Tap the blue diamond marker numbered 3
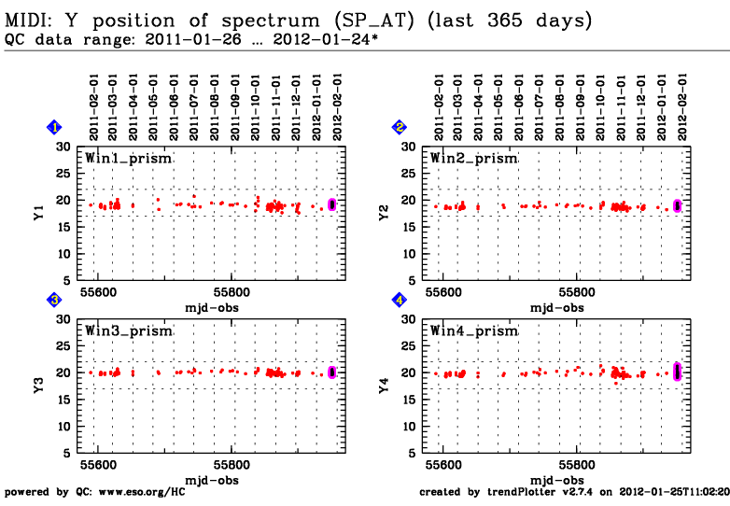pos(55,300)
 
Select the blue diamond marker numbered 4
pos(400,300)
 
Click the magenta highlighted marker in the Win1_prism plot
pos(332,204)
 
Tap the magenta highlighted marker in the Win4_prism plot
pos(677,372)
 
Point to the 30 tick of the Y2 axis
pos(409,147)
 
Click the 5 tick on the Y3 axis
pos(68,454)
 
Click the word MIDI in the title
pos(28,20)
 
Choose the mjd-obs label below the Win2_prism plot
pos(557,307)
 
